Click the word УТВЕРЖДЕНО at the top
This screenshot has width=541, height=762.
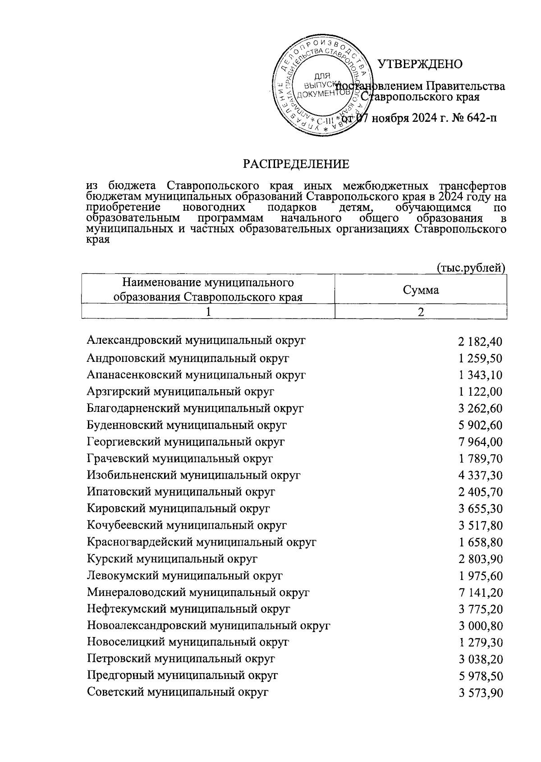click(419, 65)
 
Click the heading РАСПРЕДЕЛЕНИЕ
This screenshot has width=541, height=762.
click(296, 164)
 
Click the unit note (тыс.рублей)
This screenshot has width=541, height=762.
click(472, 268)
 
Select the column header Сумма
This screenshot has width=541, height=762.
click(421, 290)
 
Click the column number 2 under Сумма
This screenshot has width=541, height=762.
click(421, 312)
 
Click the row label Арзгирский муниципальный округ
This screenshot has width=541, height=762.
click(180, 391)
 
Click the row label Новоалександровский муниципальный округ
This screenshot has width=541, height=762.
click(208, 625)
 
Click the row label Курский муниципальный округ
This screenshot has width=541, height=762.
click(172, 559)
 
